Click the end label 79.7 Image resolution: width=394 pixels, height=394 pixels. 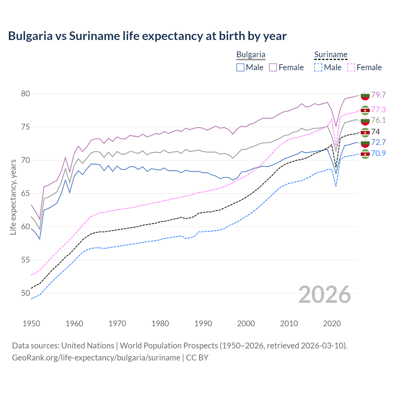pyautogui.click(x=378, y=95)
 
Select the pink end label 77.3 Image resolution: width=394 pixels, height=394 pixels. pyautogui.click(x=378, y=110)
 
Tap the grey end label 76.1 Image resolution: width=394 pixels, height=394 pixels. pyautogui.click(x=378, y=120)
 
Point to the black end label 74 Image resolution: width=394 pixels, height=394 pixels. pyautogui.click(x=376, y=132)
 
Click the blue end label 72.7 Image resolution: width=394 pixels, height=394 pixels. pyautogui.click(x=378, y=142)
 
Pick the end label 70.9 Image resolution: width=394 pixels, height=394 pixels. pyautogui.click(x=378, y=153)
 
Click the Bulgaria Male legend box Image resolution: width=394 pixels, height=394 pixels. pyautogui.click(x=240, y=67)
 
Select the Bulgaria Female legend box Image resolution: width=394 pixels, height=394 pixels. pyautogui.click(x=273, y=67)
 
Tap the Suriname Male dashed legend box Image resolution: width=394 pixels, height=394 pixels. pyautogui.click(x=318, y=67)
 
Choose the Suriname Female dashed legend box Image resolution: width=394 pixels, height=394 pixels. pyautogui.click(x=351, y=67)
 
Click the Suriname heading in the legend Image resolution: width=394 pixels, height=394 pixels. pyautogui.click(x=331, y=55)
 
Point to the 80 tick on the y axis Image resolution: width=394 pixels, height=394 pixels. pyautogui.click(x=25, y=94)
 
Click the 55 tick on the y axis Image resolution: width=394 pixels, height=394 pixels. pyautogui.click(x=25, y=260)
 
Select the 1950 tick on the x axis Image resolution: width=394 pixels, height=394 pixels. pyautogui.click(x=31, y=324)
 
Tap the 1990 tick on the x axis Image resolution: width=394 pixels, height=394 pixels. pyautogui.click(x=203, y=324)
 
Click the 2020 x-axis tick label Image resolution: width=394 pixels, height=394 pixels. pyautogui.click(x=332, y=324)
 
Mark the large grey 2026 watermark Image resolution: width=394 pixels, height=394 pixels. pyautogui.click(x=324, y=295)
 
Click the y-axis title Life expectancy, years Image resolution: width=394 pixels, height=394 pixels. pyautogui.click(x=13, y=197)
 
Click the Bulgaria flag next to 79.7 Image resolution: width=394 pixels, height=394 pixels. pyautogui.click(x=365, y=95)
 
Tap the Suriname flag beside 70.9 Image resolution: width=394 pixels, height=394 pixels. pyautogui.click(x=365, y=154)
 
